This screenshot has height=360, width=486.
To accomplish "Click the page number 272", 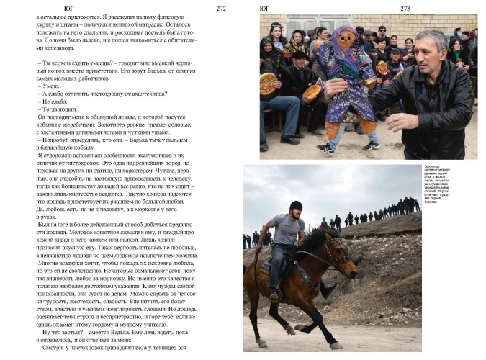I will click(x=221, y=9).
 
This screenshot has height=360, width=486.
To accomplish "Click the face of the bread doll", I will click(x=346, y=37).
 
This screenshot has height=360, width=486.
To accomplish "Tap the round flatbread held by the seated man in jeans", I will click(x=269, y=83).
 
